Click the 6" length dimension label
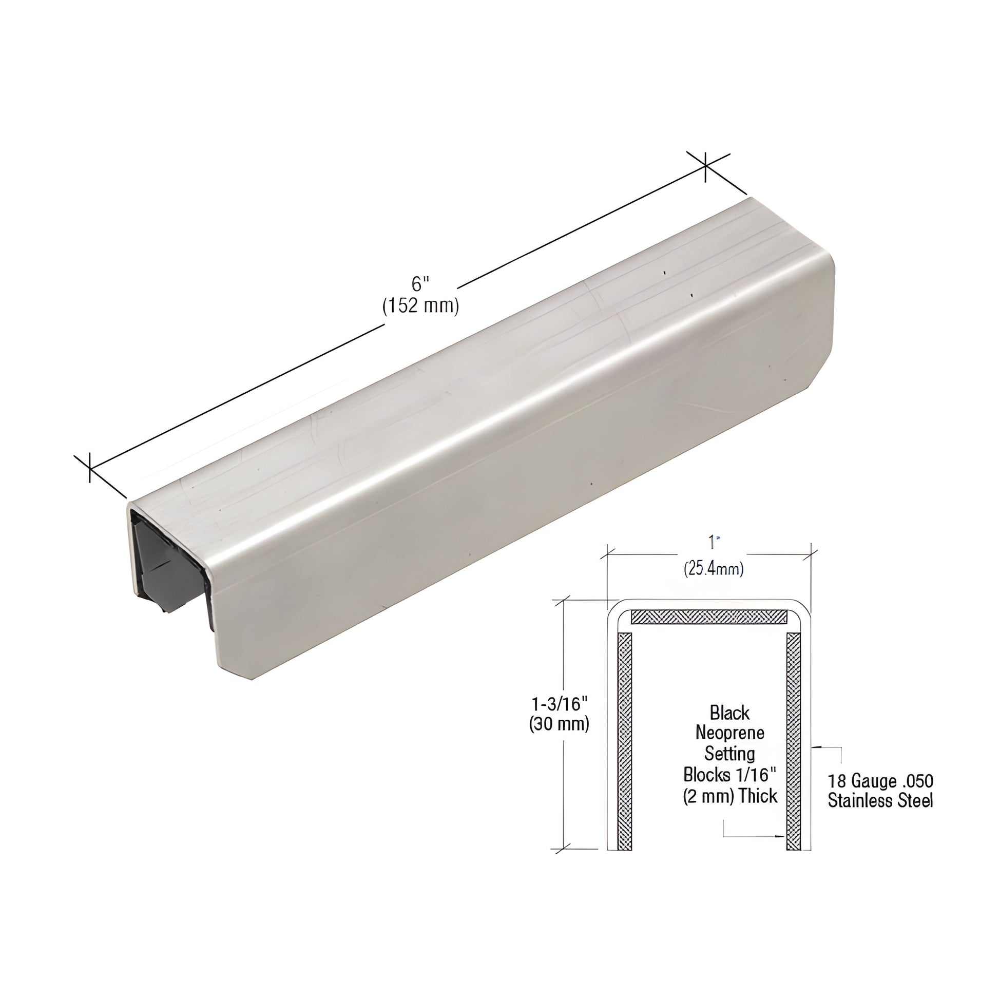tap(420, 284)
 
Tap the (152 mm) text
tap(420, 306)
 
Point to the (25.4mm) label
tap(714, 569)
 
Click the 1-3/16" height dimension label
tap(560, 704)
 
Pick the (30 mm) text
tap(559, 724)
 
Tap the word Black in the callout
tap(729, 713)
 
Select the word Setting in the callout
tap(729, 754)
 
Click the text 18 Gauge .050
tap(880, 781)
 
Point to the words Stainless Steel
tap(880, 801)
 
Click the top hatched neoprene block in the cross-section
tap(709, 617)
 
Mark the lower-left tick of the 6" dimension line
tap(90, 468)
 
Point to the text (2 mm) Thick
tap(729, 796)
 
